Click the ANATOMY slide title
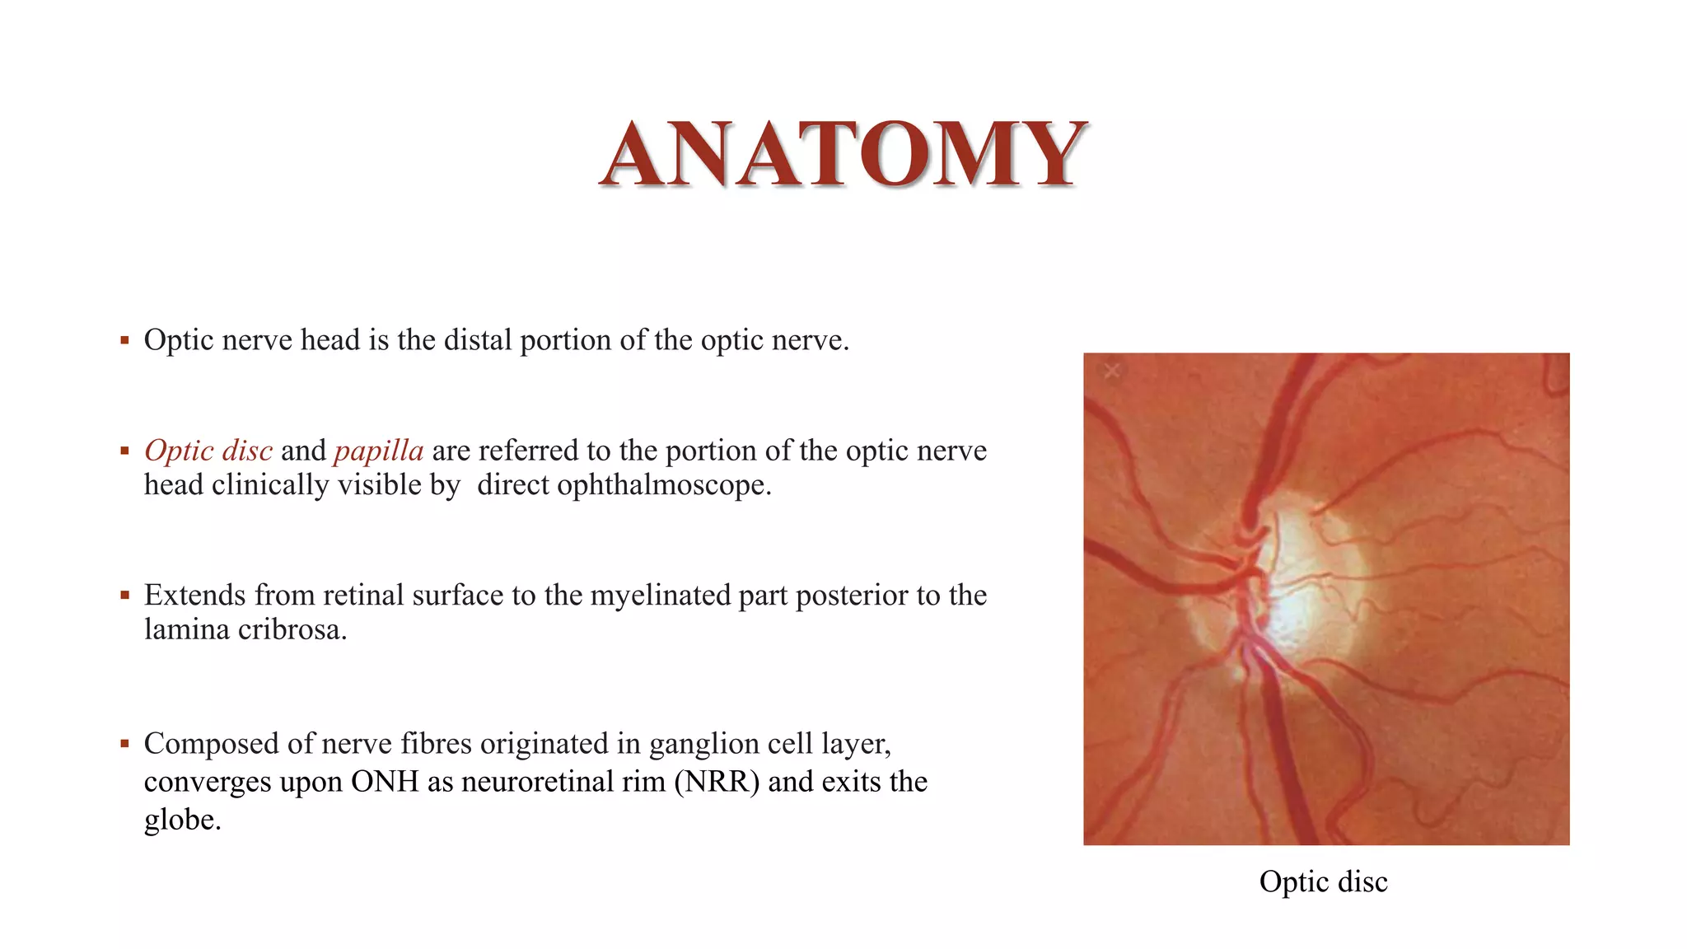[x=843, y=154]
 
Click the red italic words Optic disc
[x=208, y=451]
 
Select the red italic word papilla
[x=378, y=451]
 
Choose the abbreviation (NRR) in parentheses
[x=717, y=782]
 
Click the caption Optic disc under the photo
[x=1323, y=881]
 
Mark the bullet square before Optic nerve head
[x=124, y=340]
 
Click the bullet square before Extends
[x=124, y=595]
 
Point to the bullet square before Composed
[x=124, y=744]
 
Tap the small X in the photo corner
[x=1112, y=372]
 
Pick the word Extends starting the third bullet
[x=194, y=596]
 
